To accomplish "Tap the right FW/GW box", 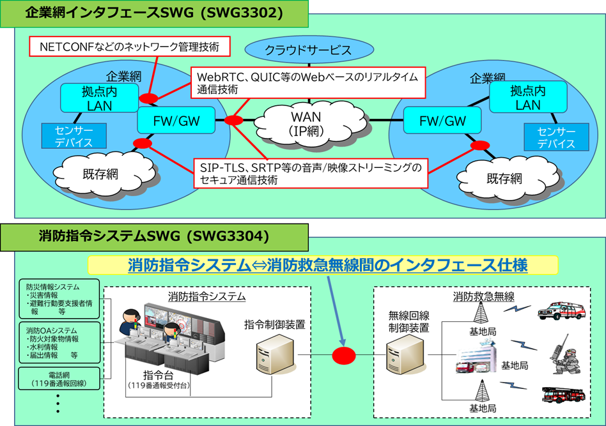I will [442, 121].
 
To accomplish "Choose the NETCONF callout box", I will [129, 47].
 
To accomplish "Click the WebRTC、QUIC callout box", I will [307, 82].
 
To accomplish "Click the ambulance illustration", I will [562, 310].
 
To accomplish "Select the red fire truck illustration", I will [563, 393].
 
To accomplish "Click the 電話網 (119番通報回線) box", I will [59, 378].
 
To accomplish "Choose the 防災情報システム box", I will [59, 299].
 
